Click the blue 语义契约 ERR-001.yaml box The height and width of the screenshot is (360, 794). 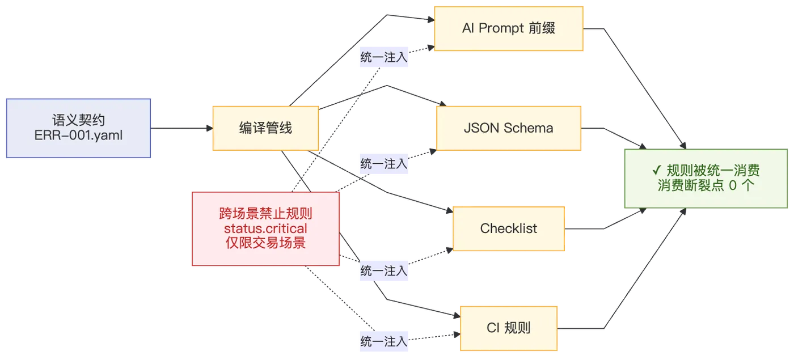[78, 128]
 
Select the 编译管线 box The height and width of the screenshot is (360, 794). [265, 128]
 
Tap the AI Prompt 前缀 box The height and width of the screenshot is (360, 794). [509, 29]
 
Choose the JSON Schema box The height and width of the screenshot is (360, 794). [509, 128]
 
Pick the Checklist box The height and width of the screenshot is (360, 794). [509, 228]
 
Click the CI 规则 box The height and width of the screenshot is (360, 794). [509, 328]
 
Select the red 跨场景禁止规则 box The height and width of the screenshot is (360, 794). [265, 228]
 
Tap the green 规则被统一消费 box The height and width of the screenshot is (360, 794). [706, 179]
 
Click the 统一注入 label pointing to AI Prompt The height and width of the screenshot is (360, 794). [384, 57]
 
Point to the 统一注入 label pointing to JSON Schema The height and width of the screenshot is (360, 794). [384, 164]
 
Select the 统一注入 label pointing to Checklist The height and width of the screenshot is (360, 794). [384, 271]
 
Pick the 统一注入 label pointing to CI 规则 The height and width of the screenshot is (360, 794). [384, 341]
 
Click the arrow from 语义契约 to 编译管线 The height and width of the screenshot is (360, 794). [182, 128]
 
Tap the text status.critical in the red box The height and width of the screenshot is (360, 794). [265, 228]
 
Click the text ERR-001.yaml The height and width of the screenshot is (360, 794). [78, 135]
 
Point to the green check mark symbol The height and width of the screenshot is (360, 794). [657, 170]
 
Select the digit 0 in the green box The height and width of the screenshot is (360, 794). [733, 185]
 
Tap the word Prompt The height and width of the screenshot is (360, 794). [501, 28]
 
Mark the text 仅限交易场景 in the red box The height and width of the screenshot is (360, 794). [265, 243]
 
